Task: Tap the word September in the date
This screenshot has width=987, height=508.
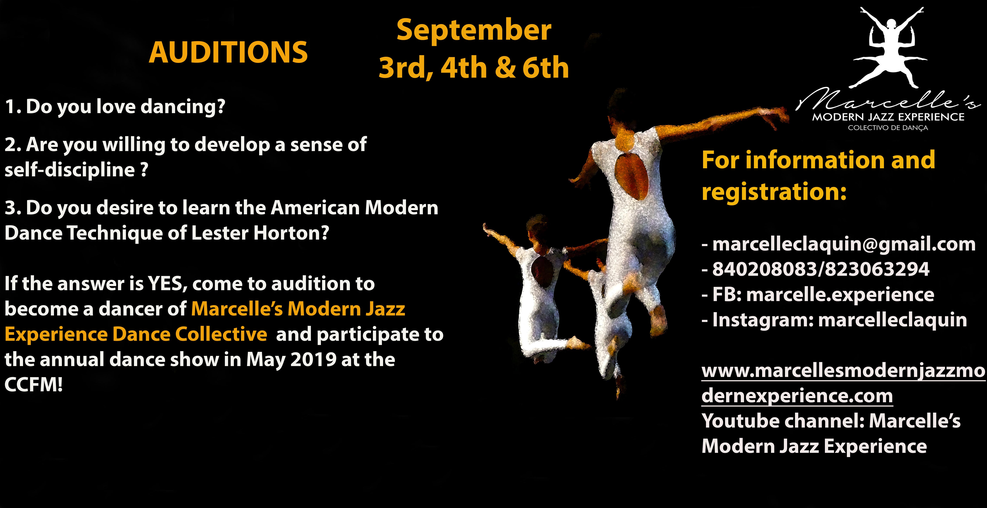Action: [474, 31]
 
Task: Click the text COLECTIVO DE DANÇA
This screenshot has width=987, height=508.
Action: [888, 128]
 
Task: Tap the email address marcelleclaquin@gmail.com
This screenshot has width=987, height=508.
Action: [844, 244]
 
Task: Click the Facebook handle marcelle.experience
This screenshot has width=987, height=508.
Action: [840, 295]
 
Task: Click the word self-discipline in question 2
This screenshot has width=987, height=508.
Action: [70, 170]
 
